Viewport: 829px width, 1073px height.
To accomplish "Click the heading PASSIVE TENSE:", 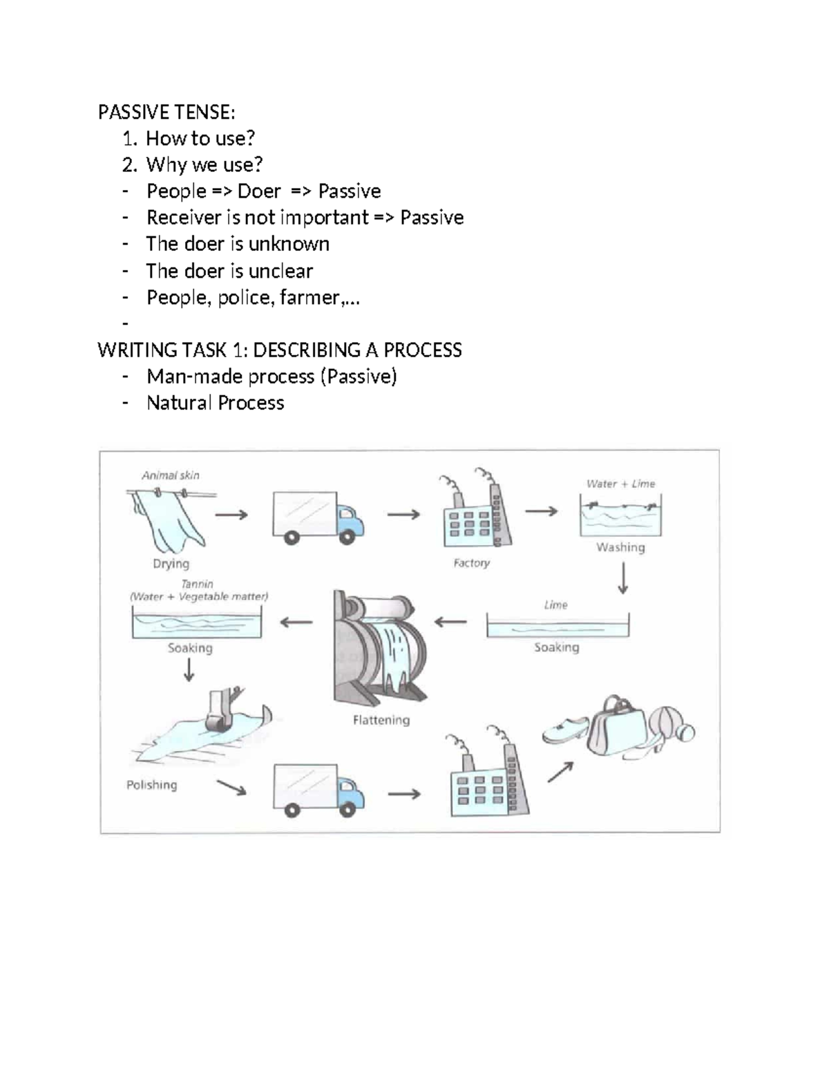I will (x=166, y=112).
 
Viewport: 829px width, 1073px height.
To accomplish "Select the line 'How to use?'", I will (x=200, y=138).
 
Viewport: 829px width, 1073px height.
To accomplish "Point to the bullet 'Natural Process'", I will (x=215, y=403).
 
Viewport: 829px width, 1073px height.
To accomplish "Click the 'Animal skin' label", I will (x=170, y=475).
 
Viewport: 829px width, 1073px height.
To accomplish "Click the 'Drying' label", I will (x=171, y=564).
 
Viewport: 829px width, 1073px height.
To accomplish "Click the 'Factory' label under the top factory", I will (x=471, y=563).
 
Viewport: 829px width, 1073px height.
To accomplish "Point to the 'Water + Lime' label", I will (x=620, y=484).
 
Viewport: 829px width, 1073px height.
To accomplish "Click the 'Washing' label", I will (x=620, y=547).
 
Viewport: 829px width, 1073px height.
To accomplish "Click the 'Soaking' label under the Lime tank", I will (x=556, y=647).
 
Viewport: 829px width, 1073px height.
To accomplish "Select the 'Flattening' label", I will (x=381, y=720).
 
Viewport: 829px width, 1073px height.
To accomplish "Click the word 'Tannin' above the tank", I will (x=197, y=584).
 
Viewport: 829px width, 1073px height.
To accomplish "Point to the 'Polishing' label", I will (x=151, y=785).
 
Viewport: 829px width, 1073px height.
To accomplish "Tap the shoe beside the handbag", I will (x=564, y=730).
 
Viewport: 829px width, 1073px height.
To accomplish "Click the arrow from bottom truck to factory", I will (x=404, y=794).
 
